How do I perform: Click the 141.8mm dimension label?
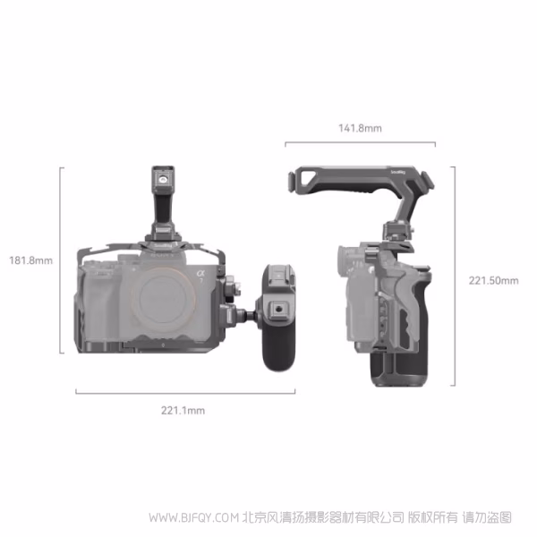[x=361, y=129]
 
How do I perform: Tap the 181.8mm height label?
[x=30, y=261]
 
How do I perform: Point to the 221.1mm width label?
[x=183, y=411]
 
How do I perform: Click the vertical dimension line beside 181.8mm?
[x=62, y=261]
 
